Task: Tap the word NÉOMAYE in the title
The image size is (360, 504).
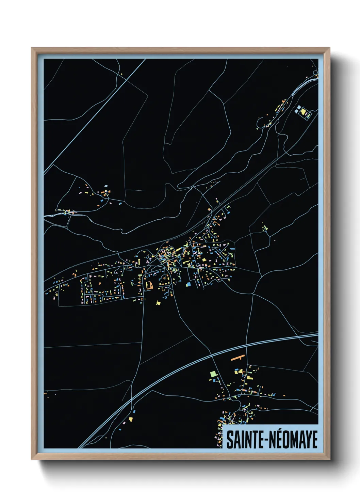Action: coord(294,440)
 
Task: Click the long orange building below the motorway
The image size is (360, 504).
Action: coord(238,358)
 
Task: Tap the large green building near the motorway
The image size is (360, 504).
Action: coord(213,374)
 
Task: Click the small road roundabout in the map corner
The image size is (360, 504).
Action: coord(316,73)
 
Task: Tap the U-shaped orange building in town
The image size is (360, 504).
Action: coord(149,285)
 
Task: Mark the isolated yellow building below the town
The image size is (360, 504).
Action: coord(158,302)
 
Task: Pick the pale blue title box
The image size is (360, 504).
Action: coord(271,437)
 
